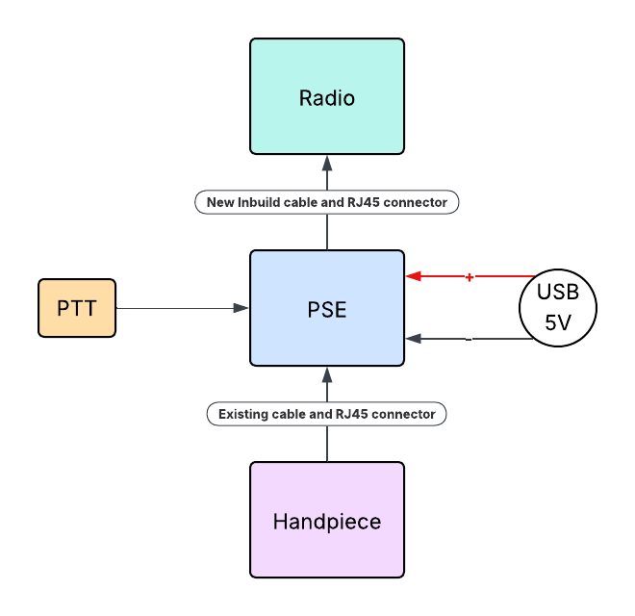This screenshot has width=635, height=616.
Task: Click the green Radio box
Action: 327,96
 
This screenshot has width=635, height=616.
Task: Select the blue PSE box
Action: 327,308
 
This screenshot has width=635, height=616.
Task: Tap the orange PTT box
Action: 77,308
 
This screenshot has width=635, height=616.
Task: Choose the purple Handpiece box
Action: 327,520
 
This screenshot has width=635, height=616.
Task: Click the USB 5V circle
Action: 558,308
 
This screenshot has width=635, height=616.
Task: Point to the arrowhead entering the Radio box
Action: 327,162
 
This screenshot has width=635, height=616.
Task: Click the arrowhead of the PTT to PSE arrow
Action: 241,308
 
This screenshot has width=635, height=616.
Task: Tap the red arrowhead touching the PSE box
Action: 413,277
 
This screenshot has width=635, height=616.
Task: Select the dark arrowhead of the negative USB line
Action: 413,339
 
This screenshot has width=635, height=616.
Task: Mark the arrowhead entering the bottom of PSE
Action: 327,373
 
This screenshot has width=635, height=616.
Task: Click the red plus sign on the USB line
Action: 470,277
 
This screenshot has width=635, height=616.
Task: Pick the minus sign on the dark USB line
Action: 469,339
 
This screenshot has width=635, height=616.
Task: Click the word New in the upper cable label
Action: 220,202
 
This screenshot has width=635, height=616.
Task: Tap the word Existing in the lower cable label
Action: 242,414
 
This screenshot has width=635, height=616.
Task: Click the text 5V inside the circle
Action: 558,323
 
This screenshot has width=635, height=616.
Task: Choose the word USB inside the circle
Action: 558,293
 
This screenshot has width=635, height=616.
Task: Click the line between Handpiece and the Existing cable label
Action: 327,443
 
